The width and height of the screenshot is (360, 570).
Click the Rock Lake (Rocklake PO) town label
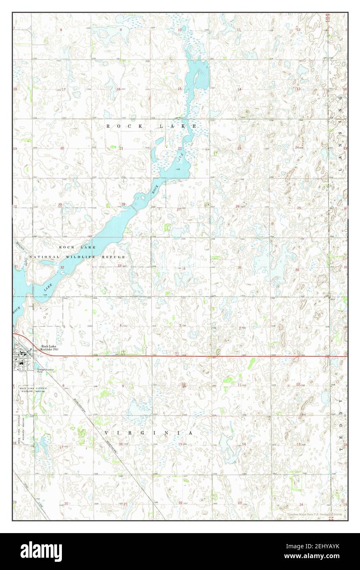[49, 348]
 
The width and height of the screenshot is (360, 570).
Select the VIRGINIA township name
[148, 433]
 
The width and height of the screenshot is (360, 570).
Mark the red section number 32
[62, 267]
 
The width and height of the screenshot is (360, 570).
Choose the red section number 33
[120, 266]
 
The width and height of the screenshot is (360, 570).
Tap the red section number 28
[123, 204]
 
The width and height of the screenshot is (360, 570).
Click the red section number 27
[178, 209]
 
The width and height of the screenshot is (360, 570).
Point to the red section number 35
[239, 268]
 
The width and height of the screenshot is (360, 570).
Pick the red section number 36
[297, 269]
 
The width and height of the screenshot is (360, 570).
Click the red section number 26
[237, 206]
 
